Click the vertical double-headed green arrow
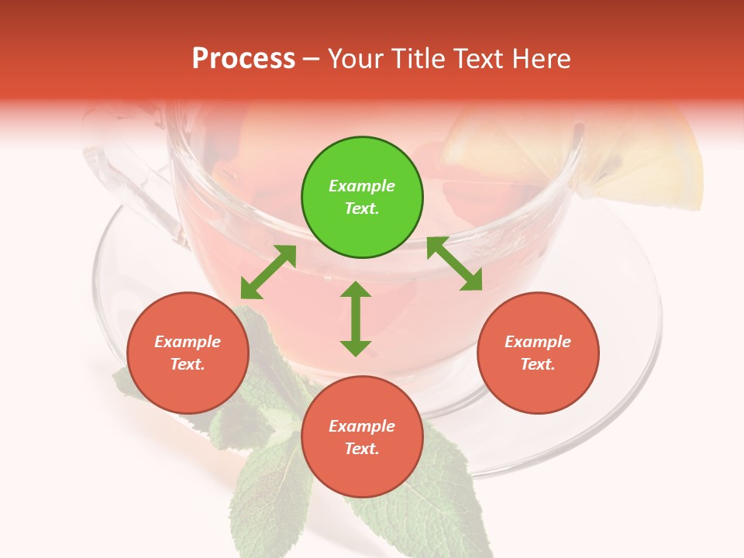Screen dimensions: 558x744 coord(356,319)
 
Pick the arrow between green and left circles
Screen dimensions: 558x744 coord(268,272)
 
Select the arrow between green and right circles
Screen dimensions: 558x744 coord(454,264)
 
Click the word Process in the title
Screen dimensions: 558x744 coord(243,59)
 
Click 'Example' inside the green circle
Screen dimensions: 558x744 coord(362,186)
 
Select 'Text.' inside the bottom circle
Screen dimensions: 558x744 coord(362,449)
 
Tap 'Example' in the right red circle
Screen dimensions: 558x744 coord(538,342)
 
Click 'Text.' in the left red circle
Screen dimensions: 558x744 coord(188,364)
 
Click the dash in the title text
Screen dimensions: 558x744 coord(312,59)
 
